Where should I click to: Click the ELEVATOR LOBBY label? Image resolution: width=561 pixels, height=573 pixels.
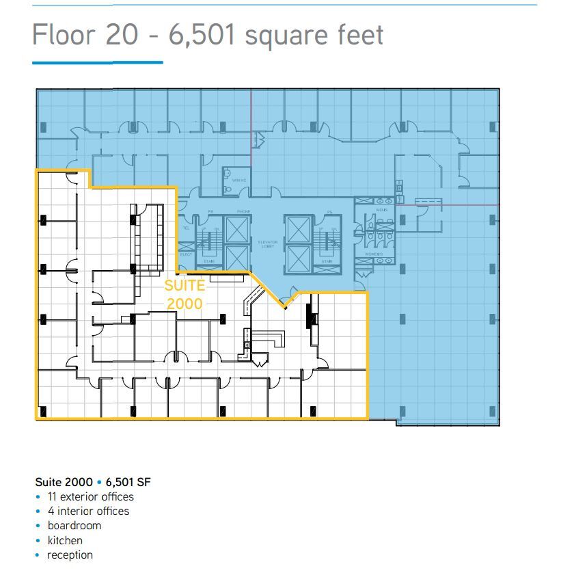coord(266,244)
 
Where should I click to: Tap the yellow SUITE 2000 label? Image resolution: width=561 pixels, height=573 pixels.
coord(184,295)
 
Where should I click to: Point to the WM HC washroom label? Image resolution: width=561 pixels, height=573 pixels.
coord(238,181)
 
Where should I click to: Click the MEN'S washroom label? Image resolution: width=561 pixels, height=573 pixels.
coord(381,210)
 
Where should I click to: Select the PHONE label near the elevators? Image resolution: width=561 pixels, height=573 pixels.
coord(244,212)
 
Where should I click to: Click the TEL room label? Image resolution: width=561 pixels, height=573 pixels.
coord(186,228)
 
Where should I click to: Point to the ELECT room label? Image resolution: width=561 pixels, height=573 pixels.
coord(186,254)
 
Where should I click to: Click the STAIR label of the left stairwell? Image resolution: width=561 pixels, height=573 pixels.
coord(208,261)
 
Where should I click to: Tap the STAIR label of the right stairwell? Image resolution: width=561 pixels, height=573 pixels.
coord(327,261)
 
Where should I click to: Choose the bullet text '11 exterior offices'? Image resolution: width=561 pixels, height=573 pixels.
coord(90,497)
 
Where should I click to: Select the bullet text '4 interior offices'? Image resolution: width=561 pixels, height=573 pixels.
coord(87,511)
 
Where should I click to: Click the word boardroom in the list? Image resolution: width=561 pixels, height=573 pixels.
coord(74,526)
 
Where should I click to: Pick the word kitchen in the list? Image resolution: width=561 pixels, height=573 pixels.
coord(65,540)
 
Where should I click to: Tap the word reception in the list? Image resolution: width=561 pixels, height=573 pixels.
coord(70,555)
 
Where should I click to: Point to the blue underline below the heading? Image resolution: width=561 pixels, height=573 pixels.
coord(97,63)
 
